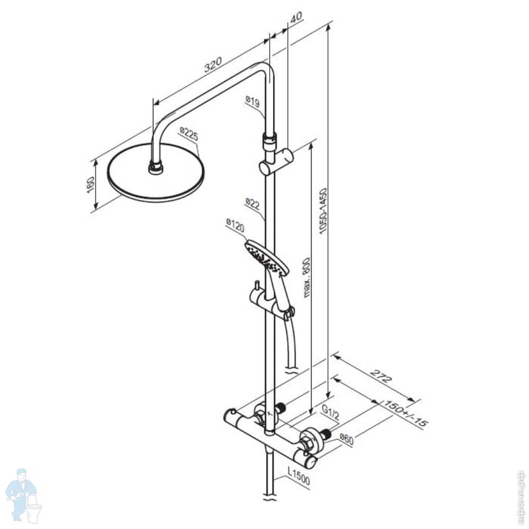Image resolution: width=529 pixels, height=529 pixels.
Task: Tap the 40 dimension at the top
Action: click(296, 17)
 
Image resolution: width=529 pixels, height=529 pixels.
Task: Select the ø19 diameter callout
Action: click(252, 102)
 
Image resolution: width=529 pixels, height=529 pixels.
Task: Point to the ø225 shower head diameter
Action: click(188, 134)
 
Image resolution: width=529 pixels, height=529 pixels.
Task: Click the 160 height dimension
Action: click(90, 185)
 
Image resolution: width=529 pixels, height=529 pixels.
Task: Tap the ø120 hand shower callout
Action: click(235, 226)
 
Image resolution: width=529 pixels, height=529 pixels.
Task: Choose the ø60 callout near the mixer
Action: click(346, 439)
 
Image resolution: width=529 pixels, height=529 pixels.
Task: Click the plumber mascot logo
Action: click(23, 494)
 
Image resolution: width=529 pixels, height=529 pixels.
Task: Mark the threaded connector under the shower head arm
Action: click(155, 168)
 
